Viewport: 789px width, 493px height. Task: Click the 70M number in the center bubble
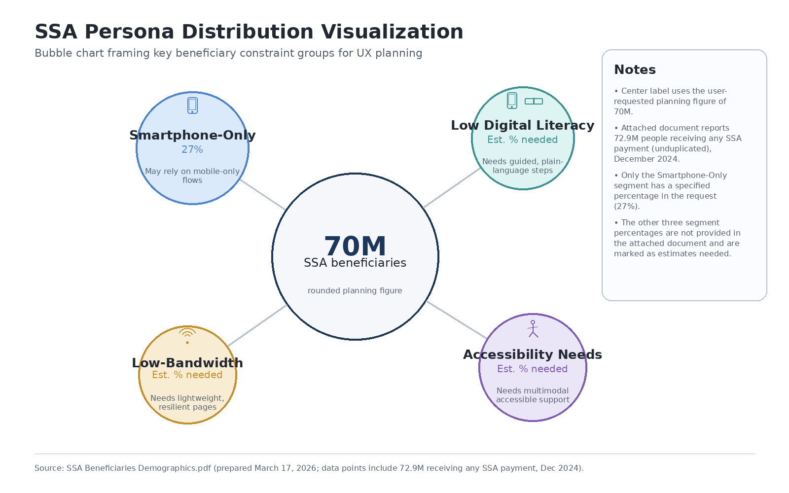coord(355,246)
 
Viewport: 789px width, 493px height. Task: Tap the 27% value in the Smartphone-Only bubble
coord(192,149)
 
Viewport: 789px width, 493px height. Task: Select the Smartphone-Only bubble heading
coord(192,135)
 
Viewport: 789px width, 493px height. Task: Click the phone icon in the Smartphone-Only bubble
coord(192,105)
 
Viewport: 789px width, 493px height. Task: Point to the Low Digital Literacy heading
coord(522,125)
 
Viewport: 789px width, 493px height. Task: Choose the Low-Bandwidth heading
coord(187,363)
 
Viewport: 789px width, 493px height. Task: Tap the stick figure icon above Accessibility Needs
coord(533,329)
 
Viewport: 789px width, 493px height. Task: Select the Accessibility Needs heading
coord(533,354)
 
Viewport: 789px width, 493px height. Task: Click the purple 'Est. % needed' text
coord(533,369)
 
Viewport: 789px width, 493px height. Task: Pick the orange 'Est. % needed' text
coord(187,375)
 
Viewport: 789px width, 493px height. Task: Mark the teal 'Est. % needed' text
coord(522,140)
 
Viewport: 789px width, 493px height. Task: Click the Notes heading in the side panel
coord(635,70)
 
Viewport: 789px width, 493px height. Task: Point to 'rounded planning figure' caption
coord(355,291)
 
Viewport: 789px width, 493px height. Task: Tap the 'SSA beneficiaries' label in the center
coord(355,263)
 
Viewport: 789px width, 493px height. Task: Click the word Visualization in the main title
coord(392,32)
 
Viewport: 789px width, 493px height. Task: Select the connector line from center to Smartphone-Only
coord(262,195)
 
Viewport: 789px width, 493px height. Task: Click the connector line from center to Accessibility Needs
coord(457,320)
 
